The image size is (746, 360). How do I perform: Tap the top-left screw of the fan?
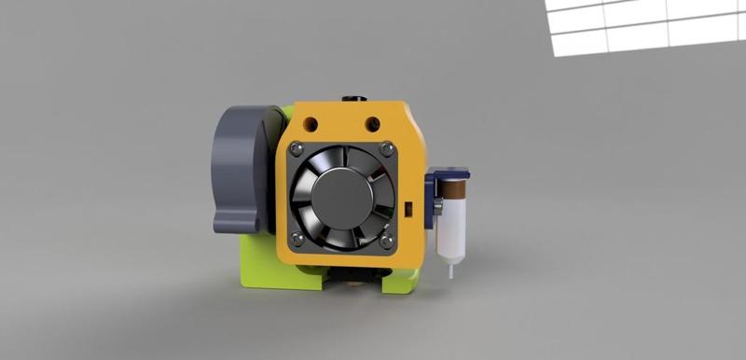tap(297, 148)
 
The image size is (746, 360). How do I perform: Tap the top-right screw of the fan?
tap(386, 148)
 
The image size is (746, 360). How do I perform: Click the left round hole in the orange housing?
tap(311, 122)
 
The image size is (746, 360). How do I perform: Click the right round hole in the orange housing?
tap(372, 122)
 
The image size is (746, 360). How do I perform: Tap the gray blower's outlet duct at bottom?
tap(237, 222)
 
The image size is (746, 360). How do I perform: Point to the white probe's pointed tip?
tap(451, 273)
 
